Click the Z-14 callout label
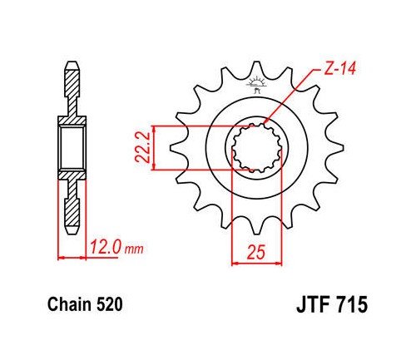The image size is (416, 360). (x=339, y=68)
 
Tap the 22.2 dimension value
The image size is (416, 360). (x=143, y=147)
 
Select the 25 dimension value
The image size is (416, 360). (x=256, y=252)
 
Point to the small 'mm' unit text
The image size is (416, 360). (x=135, y=249)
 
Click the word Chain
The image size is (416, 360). (x=69, y=304)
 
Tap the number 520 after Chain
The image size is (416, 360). (x=109, y=304)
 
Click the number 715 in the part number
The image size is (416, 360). (x=353, y=304)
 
